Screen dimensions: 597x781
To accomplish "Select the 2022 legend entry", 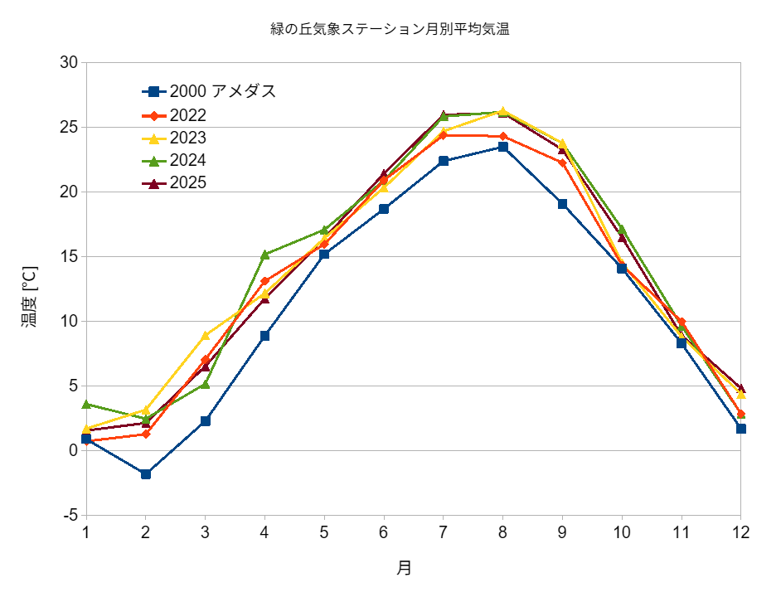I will click(x=187, y=115).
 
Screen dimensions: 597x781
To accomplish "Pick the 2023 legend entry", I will click(x=187, y=138).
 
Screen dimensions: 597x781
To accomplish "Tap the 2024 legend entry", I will click(x=187, y=160).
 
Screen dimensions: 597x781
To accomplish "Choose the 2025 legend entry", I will click(x=187, y=182).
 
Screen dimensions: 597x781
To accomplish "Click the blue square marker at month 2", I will click(x=146, y=474).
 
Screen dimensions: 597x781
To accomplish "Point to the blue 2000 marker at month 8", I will click(x=503, y=147).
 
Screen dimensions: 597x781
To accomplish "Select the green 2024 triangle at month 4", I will click(x=265, y=255).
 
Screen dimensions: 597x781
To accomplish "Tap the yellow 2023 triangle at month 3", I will click(x=206, y=335).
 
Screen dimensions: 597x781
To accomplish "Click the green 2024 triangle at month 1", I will click(x=86, y=404).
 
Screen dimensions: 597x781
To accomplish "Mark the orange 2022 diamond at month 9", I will click(x=562, y=163).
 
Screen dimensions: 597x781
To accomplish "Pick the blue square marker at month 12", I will click(x=741, y=429).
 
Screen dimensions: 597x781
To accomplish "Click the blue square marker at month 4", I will click(x=265, y=336).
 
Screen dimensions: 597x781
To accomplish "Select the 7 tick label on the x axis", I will click(x=444, y=532).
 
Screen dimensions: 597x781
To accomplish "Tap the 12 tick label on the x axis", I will click(x=740, y=532).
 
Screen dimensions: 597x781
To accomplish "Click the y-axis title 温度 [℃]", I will click(x=29, y=297).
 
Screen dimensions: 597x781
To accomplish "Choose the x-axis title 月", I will click(x=404, y=568).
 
